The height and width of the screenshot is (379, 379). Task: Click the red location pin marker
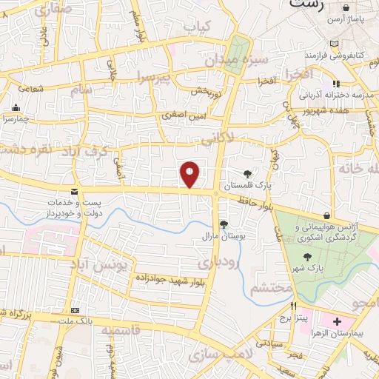[190, 174]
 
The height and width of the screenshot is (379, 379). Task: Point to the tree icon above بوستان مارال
[224, 224]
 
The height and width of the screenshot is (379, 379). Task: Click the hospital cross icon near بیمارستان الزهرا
[337, 323]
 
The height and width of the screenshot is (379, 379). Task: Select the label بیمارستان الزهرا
[344, 335]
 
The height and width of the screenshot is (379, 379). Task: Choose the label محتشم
[268, 288]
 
